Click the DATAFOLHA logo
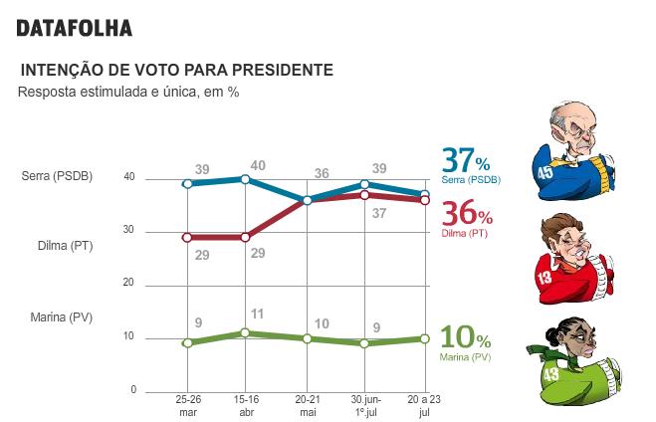click(74, 29)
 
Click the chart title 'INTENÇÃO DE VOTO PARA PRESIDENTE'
click(176, 71)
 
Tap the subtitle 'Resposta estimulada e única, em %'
click(128, 92)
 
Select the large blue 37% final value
click(466, 160)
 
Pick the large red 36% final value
click(466, 214)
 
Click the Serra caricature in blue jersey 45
click(571, 146)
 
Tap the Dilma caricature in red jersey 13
click(571, 257)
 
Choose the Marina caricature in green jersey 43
click(575, 363)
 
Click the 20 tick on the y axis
click(130, 283)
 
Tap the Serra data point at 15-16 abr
click(247, 179)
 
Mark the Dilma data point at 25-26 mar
click(187, 238)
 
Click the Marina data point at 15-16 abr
click(247, 332)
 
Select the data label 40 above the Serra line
click(258, 164)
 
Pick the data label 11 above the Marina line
click(257, 315)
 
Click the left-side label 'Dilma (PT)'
click(57, 246)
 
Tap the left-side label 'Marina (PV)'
click(59, 317)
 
